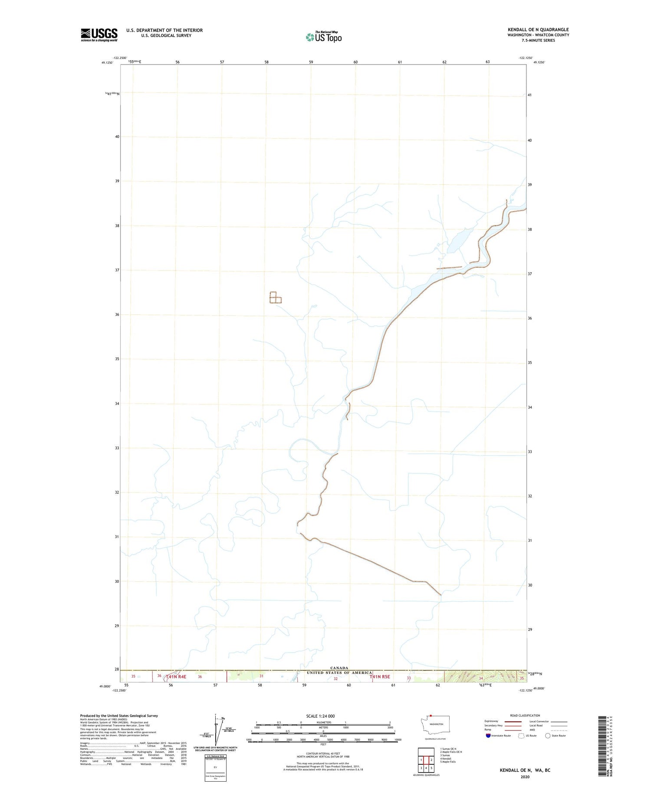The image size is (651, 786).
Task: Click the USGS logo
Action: click(x=99, y=35)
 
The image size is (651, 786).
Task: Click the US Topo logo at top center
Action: click(x=324, y=37)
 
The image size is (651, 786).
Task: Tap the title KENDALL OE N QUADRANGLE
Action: click(x=538, y=29)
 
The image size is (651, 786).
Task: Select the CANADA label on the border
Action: click(x=339, y=668)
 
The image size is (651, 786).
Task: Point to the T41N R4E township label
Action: click(x=176, y=676)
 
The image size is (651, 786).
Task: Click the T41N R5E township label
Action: click(x=380, y=676)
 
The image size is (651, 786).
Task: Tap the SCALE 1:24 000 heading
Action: click(x=320, y=716)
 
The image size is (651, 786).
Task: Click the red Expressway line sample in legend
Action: click(x=513, y=721)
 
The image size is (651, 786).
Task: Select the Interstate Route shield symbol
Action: click(x=488, y=735)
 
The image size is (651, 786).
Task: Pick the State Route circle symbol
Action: click(x=548, y=735)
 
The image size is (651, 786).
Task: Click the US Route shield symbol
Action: click(x=521, y=735)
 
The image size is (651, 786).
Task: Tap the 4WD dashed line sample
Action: click(x=559, y=730)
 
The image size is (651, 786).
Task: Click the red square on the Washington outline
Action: click(x=431, y=716)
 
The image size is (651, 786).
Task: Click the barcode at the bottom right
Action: click(x=601, y=745)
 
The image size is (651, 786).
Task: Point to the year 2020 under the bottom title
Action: click(x=525, y=777)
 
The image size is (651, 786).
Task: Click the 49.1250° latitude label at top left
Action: click(x=107, y=62)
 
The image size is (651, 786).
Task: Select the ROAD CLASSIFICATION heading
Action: click(x=525, y=715)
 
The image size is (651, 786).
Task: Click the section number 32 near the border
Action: click(x=335, y=679)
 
